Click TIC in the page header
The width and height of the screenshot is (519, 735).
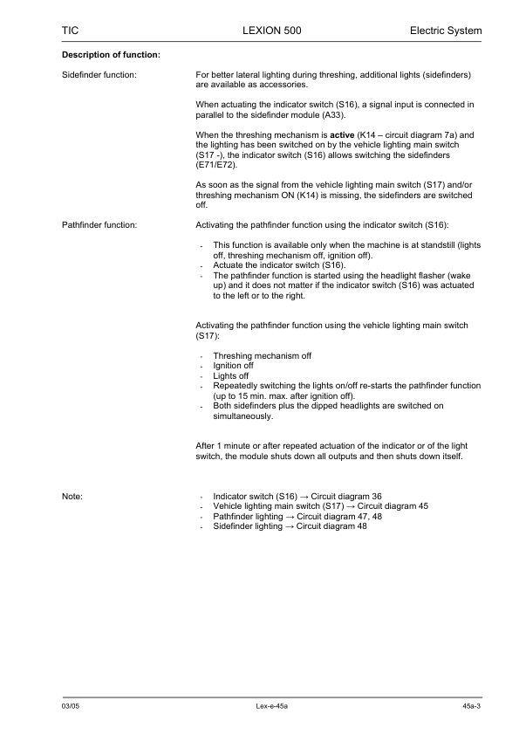[x=71, y=31]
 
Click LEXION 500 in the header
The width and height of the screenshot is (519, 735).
[x=270, y=31]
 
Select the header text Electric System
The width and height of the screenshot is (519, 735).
[x=445, y=31]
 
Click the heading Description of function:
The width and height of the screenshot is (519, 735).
[x=111, y=56]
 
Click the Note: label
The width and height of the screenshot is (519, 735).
[x=72, y=496]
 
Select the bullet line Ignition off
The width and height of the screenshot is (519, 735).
[x=233, y=366]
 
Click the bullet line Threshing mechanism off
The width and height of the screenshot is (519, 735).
[x=262, y=356]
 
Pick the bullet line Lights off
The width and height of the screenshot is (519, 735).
[x=230, y=375]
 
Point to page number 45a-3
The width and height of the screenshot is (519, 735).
[x=472, y=704]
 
